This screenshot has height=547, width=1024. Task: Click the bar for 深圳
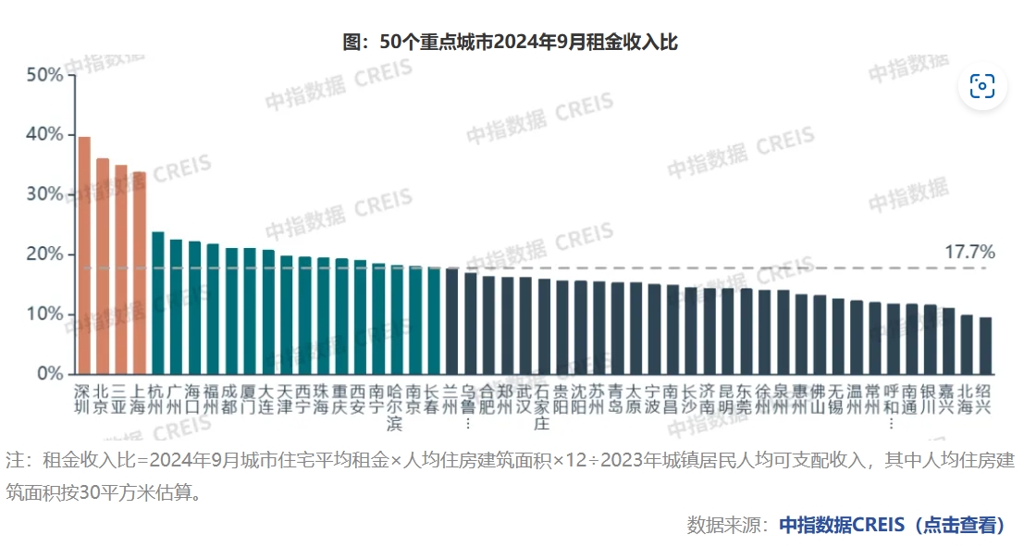click(84, 255)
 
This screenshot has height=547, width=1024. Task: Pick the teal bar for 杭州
click(158, 303)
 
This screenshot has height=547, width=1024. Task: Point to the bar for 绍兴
click(986, 345)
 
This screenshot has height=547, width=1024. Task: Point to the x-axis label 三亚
click(121, 397)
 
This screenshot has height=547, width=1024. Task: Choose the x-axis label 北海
click(967, 397)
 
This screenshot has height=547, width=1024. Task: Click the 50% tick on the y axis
click(44, 75)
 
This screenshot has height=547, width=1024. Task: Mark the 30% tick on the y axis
click(44, 194)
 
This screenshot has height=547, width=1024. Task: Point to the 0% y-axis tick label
click(48, 374)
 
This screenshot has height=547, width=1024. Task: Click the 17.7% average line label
click(969, 252)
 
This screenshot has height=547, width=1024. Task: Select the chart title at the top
click(512, 42)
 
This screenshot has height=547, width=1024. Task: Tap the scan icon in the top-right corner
click(981, 86)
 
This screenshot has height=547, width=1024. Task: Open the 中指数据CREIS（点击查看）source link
click(892, 525)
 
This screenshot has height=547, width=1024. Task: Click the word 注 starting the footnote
click(15, 460)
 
